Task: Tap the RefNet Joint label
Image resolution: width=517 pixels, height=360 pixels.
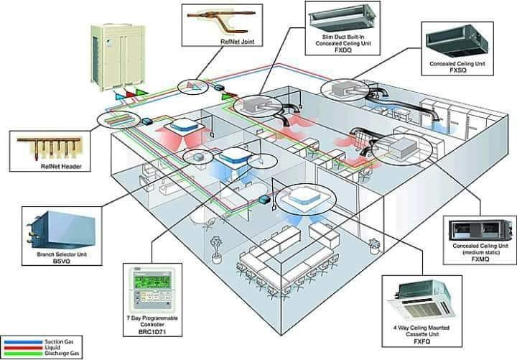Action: coord(238,42)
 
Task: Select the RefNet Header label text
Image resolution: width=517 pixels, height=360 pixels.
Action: coord(61,166)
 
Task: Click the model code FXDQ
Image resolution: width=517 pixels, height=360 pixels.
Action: coord(343,50)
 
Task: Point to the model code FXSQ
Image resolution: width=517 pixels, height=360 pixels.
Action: coord(458,70)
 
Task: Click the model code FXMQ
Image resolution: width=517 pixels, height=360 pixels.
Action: coord(480,259)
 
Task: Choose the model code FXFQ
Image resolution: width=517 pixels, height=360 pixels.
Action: coord(421,341)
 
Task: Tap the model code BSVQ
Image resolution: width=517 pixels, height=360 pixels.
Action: coord(62,261)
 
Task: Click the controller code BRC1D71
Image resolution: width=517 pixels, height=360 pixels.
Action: coord(152,332)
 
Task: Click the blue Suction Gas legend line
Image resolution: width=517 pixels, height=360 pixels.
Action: coord(23,342)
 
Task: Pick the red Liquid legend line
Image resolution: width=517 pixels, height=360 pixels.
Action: coord(23,348)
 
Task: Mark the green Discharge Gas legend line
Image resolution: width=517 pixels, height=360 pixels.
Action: coord(23,354)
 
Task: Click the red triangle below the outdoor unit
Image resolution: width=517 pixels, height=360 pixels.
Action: coord(131,94)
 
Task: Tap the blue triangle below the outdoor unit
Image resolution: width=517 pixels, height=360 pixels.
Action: coord(119,96)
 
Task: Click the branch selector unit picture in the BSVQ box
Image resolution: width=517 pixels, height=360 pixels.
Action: coord(61,230)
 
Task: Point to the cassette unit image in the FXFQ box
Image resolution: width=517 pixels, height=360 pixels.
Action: coord(422,301)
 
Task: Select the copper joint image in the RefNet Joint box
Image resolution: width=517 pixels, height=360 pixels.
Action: coord(222,21)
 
